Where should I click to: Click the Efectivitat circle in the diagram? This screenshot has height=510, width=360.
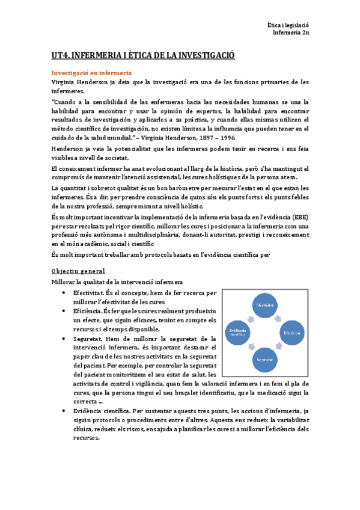[265, 305]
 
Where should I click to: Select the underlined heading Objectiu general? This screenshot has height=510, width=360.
[79, 271]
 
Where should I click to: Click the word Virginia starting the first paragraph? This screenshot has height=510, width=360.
[64, 82]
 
